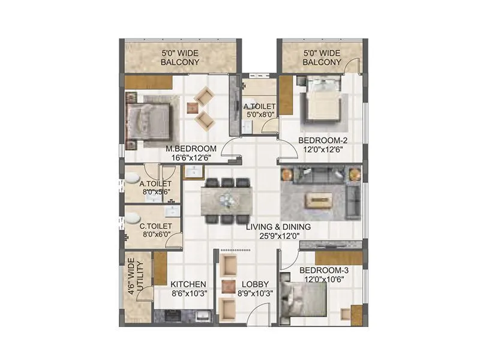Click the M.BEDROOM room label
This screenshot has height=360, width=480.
tap(191, 149)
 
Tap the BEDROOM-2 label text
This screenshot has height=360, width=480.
tap(323, 140)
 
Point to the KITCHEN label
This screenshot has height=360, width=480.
tap(188, 284)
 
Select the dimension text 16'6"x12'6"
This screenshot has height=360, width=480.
tap(191, 158)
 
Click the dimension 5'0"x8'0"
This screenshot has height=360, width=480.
tap(259, 116)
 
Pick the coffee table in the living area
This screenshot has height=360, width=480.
tap(319, 199)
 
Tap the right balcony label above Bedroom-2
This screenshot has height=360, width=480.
tap(322, 57)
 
